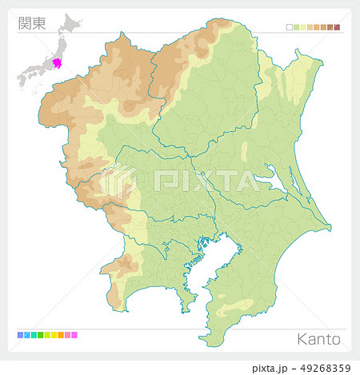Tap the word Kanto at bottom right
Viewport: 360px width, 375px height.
point(319,339)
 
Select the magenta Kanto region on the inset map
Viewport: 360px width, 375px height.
point(58,62)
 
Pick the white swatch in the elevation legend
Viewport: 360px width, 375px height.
point(289,27)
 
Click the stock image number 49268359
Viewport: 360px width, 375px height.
point(321,367)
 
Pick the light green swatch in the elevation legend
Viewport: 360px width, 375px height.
point(296,27)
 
